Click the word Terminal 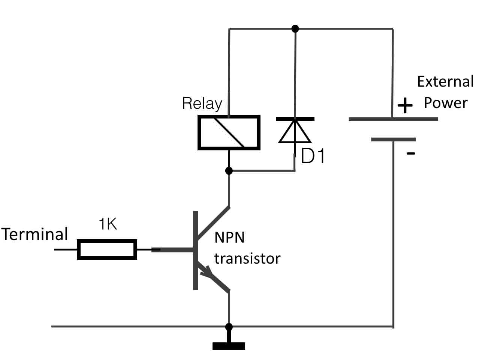click(x=34, y=234)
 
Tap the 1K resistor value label click(x=108, y=223)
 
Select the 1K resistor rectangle click(x=107, y=249)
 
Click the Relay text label click(x=202, y=103)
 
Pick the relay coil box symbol click(x=229, y=133)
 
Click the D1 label click(x=313, y=156)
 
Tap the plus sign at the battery click(x=405, y=105)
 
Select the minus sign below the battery click(x=411, y=153)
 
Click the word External click(x=446, y=81)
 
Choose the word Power click(x=446, y=103)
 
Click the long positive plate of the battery click(x=393, y=119)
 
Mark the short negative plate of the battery click(x=394, y=139)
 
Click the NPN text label click(x=229, y=238)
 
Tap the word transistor click(x=247, y=258)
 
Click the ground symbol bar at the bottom click(x=229, y=346)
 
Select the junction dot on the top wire click(x=295, y=28)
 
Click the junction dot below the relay click(x=229, y=171)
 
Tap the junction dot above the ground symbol click(x=229, y=327)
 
